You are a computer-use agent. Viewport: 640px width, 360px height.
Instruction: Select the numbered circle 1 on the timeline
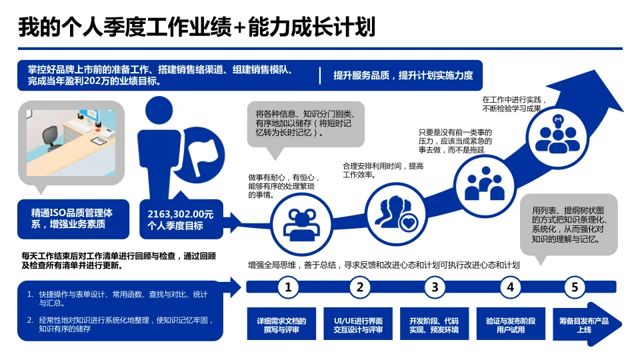click(288, 288)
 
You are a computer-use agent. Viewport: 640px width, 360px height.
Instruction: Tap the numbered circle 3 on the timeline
click(435, 288)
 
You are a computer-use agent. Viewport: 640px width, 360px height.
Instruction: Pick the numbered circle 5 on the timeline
click(575, 288)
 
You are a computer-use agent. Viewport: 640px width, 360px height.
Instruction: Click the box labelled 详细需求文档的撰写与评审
click(281, 325)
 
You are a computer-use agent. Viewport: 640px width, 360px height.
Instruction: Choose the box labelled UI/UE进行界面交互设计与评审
click(358, 325)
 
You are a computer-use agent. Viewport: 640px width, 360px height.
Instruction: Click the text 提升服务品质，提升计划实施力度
click(403, 75)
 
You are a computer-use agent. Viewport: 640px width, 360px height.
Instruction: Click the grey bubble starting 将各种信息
click(305, 123)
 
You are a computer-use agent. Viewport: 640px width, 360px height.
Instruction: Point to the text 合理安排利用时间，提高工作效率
click(383, 170)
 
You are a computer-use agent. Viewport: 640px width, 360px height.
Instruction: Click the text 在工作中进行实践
click(512, 104)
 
